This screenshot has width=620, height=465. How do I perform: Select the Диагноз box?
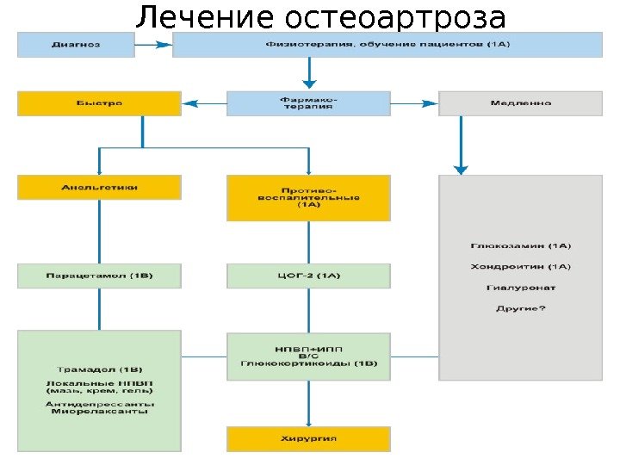tap(77, 44)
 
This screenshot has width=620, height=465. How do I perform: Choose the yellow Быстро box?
tap(100, 102)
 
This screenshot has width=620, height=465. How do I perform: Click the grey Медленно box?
tap(520, 102)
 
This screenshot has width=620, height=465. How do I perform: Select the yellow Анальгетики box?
tap(100, 187)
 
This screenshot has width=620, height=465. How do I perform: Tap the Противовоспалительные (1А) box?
tap(308, 197)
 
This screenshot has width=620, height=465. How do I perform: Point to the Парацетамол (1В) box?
tap(100, 276)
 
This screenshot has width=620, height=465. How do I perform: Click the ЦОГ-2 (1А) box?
tap(308, 276)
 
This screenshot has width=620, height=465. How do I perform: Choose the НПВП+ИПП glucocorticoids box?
tap(308, 356)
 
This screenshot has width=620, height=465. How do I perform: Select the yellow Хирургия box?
tap(308, 438)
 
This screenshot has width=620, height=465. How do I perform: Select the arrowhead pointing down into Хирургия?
tap(308, 418)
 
